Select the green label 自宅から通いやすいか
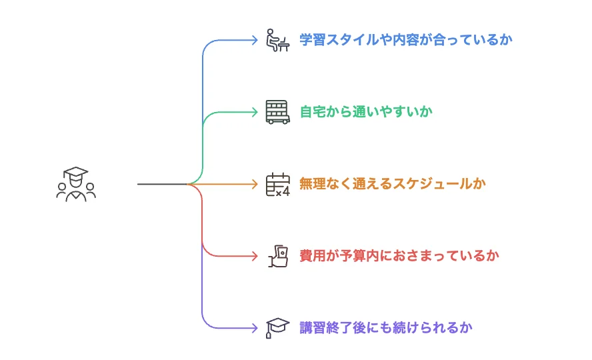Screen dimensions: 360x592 366,112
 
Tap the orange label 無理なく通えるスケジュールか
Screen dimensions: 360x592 393,184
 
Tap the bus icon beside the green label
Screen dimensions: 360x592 277,112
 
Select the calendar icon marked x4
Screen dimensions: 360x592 277,184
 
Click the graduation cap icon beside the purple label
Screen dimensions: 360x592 276,327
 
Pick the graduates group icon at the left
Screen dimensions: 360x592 76,183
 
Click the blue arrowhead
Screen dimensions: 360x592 254,40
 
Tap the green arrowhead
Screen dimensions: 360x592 254,112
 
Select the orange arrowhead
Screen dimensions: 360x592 254,184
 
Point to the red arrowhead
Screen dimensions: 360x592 254,256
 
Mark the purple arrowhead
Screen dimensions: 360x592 254,328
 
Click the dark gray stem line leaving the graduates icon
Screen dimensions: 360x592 160,184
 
